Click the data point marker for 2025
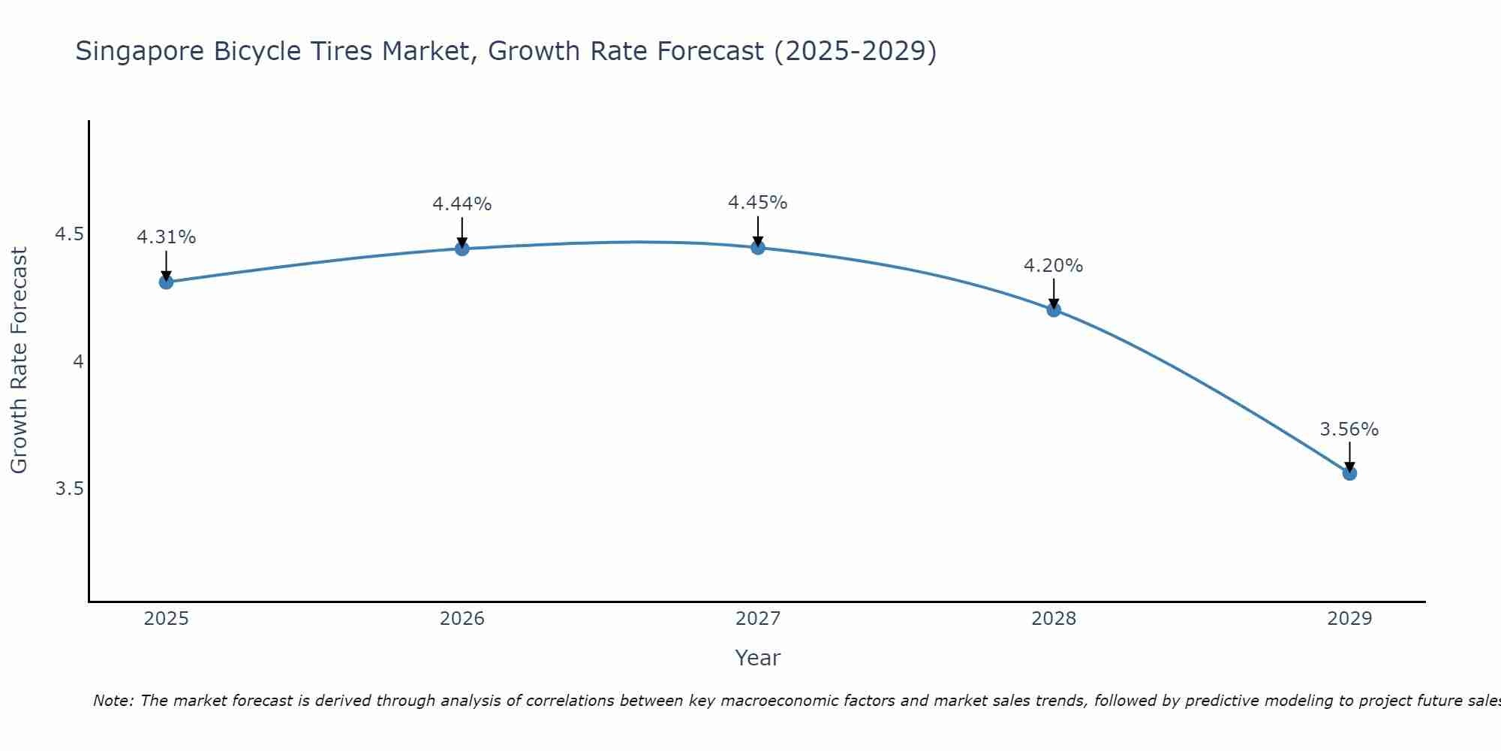coord(166,282)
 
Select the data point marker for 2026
coord(462,249)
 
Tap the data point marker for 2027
coord(758,247)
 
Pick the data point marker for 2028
coord(1054,309)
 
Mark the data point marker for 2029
coord(1349,473)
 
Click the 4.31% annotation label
coord(166,237)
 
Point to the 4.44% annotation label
coord(462,204)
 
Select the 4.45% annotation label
coord(758,203)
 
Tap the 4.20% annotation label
coord(1054,266)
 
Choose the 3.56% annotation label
coord(1349,430)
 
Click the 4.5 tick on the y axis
coord(69,235)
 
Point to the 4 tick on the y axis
coord(78,362)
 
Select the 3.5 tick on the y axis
coord(69,489)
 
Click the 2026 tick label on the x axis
coord(462,619)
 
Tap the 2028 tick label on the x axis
coord(1054,619)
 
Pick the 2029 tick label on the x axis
coord(1349,619)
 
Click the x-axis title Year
coord(758,658)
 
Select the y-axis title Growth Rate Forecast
coord(19,360)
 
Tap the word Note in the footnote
coord(113,701)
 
